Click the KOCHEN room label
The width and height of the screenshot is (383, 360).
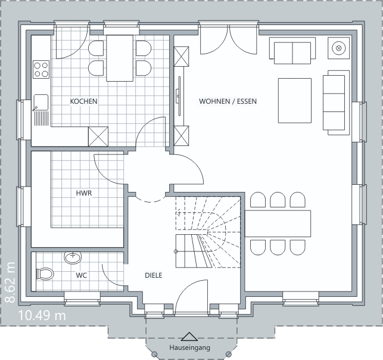pyautogui.click(x=83, y=101)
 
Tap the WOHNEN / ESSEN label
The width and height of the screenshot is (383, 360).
pyautogui.click(x=228, y=101)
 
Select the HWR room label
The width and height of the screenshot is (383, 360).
pyautogui.click(x=84, y=193)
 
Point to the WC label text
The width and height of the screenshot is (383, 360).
pyautogui.click(x=82, y=275)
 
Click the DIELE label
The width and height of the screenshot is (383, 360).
pyautogui.click(x=154, y=275)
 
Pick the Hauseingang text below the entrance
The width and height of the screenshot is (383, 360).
pyautogui.click(x=190, y=347)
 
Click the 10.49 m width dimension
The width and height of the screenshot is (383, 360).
pyautogui.click(x=42, y=315)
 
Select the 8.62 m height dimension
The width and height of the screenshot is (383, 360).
pyautogui.click(x=11, y=283)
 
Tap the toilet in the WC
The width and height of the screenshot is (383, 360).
pyautogui.click(x=45, y=274)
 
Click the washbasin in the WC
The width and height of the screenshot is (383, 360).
pyautogui.click(x=73, y=257)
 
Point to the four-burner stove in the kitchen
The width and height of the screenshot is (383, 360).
pyautogui.click(x=41, y=69)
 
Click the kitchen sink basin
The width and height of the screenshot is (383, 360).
pyautogui.click(x=41, y=102)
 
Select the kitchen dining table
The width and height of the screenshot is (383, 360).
pyautogui.click(x=120, y=58)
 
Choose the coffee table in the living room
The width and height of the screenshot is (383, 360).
pyautogui.click(x=295, y=101)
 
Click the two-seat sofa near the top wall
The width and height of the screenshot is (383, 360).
pyautogui.click(x=292, y=51)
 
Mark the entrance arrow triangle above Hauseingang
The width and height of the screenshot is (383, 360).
pyautogui.click(x=189, y=337)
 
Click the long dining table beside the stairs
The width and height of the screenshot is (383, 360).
pyautogui.click(x=278, y=224)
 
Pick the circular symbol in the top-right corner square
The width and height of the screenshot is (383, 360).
pyautogui.click(x=338, y=48)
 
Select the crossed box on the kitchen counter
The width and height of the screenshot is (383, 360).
pyautogui.click(x=98, y=136)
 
